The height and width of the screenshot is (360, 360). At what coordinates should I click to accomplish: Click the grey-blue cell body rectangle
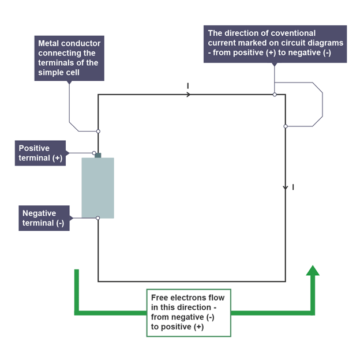coord(97,187)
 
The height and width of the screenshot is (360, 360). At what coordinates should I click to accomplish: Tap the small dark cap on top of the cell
coord(98,155)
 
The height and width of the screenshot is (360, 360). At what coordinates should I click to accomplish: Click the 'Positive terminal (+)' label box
coord(40,153)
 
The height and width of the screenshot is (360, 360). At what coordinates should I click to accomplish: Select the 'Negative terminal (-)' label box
coord(44,219)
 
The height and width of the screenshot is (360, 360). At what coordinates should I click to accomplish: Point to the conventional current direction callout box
coord(275,43)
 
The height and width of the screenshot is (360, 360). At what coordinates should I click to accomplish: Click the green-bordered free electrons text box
coord(188,312)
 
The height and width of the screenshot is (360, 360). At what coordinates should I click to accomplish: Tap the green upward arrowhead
coord(313,271)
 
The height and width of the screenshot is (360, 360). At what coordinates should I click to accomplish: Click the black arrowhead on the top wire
coord(188,94)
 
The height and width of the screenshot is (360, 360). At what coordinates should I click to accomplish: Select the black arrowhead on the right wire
coord(286,188)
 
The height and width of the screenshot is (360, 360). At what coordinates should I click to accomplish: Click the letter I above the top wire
coord(187,86)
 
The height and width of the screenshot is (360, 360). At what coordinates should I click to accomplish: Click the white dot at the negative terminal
coord(98,218)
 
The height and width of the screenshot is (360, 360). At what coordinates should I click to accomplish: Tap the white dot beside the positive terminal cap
coord(94,153)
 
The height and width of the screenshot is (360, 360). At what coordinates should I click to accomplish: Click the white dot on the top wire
coord(275,94)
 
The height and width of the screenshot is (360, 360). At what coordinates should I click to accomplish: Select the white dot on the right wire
coord(286,126)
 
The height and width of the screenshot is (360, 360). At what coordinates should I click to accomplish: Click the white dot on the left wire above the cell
coord(98,131)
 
